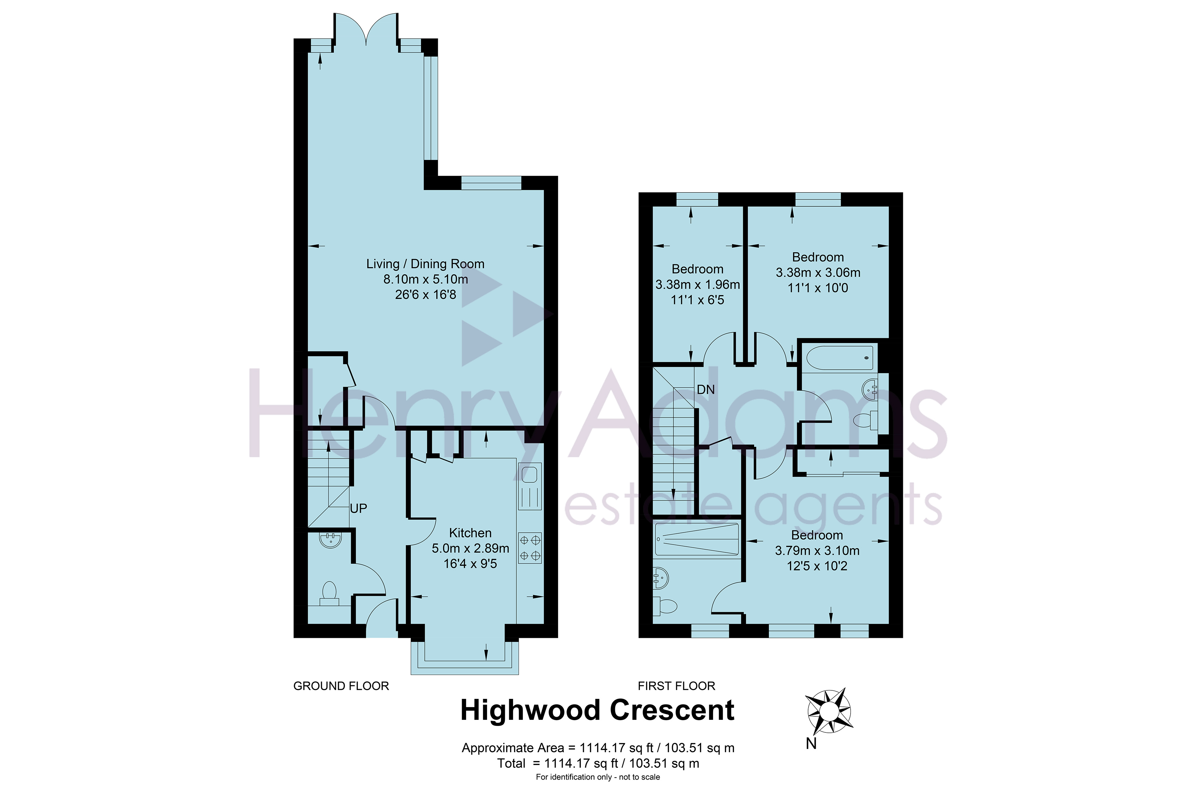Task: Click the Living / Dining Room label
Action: point(425,264)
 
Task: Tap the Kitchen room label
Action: point(470,533)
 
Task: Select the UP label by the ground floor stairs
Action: point(358,508)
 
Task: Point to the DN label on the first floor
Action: point(706,389)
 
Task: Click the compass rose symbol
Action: point(829,710)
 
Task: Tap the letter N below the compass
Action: point(811,743)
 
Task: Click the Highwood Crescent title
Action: point(597,710)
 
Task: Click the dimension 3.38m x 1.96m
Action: point(697,285)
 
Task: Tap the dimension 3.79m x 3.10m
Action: point(817,550)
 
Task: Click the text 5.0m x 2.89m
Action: point(470,548)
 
